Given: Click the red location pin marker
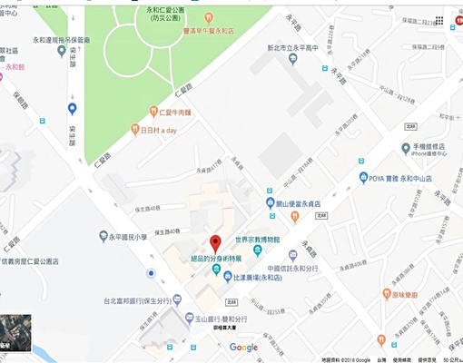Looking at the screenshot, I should point(215,243).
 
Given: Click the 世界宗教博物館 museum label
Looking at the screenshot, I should point(264,240).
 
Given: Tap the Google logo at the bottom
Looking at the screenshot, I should point(243,348).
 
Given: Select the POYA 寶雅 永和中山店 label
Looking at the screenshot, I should point(408,178).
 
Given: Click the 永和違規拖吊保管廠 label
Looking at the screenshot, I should point(44,40).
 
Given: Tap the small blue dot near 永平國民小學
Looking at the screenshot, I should point(151,273).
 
